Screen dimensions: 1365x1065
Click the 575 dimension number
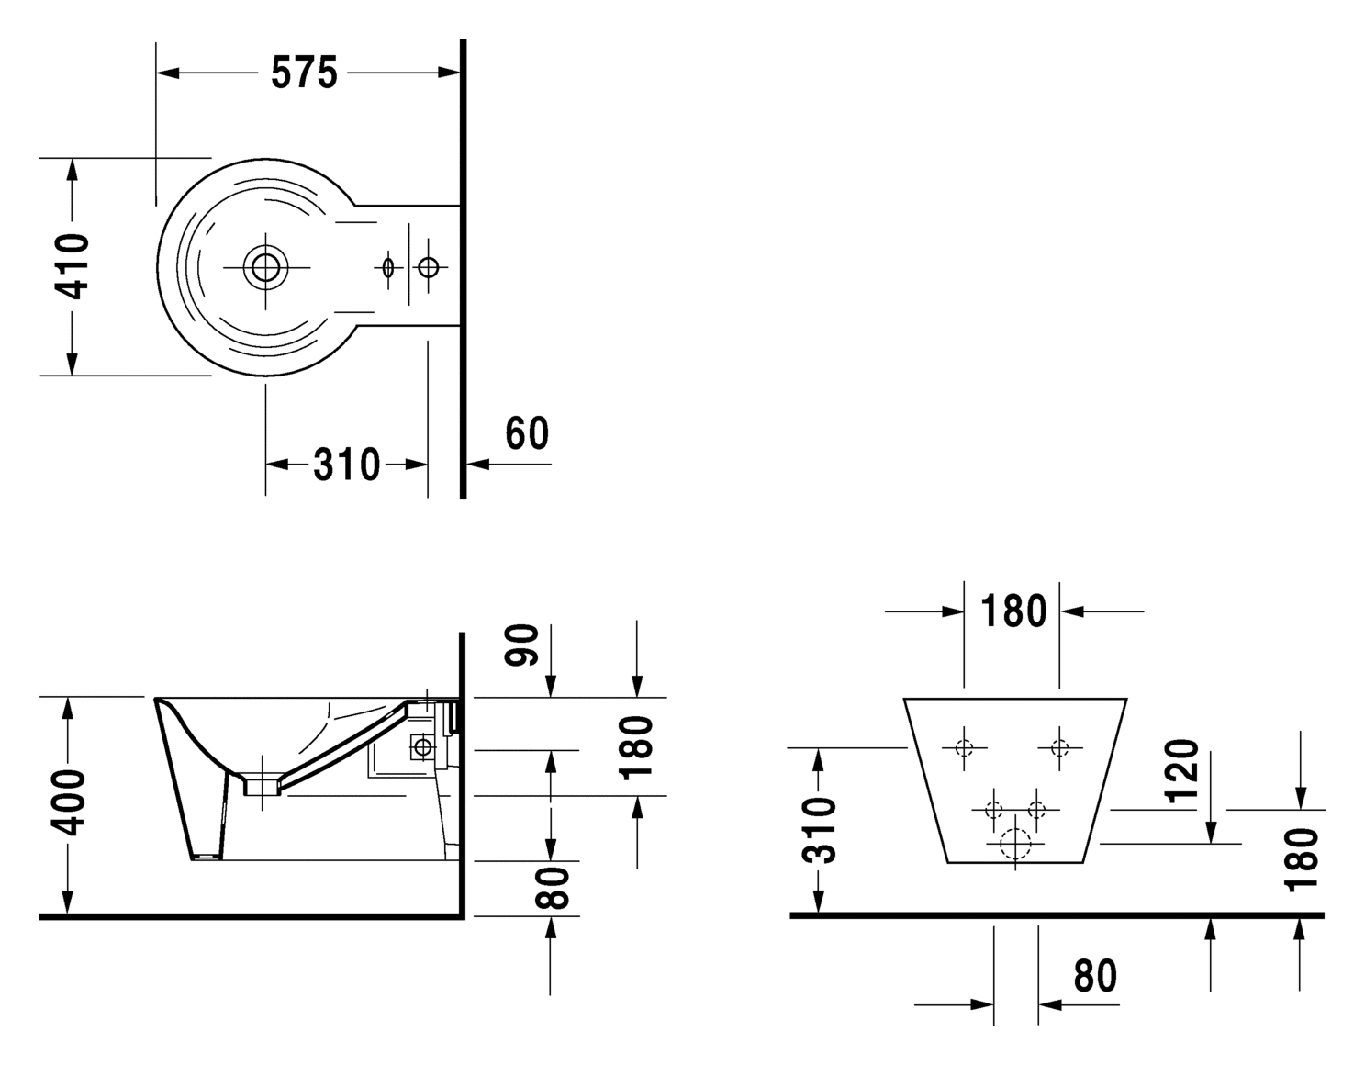coord(305,73)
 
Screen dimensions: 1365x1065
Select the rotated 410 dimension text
coord(72,266)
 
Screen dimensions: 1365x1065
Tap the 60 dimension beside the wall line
coord(527,433)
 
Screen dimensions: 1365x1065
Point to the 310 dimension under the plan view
coord(347,465)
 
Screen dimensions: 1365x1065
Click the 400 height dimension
coord(68,802)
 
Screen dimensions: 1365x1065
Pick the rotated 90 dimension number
coord(522,645)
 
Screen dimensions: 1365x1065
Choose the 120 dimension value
coord(1181,772)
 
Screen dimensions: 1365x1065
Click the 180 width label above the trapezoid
coord(1013,611)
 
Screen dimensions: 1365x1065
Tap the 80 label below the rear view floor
coord(1095,976)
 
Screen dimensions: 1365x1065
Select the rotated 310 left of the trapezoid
coord(820,830)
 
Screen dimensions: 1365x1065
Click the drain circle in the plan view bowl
coord(265,267)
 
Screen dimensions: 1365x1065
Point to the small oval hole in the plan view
coord(388,268)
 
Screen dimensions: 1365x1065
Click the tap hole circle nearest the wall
coord(429,267)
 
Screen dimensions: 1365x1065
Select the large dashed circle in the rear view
coord(1015,844)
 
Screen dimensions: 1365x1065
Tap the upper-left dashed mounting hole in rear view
coord(964,748)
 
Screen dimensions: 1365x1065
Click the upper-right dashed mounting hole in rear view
coord(1059,748)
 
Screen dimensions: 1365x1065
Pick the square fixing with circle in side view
coord(423,747)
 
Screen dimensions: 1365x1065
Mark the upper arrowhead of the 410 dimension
coord(73,170)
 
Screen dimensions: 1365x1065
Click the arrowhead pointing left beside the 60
coord(478,464)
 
